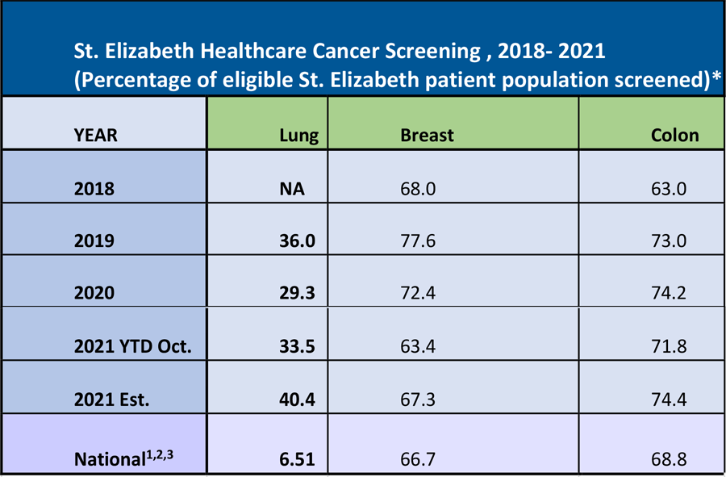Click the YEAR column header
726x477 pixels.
96,136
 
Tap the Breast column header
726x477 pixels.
427,136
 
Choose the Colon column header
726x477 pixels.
674,136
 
